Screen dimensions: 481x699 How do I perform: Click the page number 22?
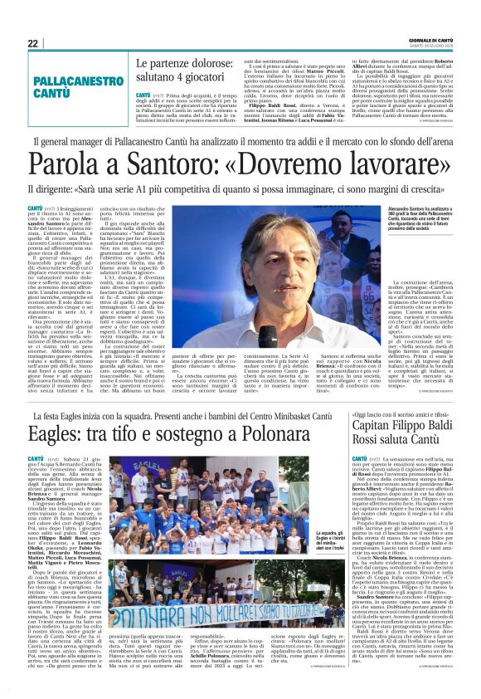(32, 43)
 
